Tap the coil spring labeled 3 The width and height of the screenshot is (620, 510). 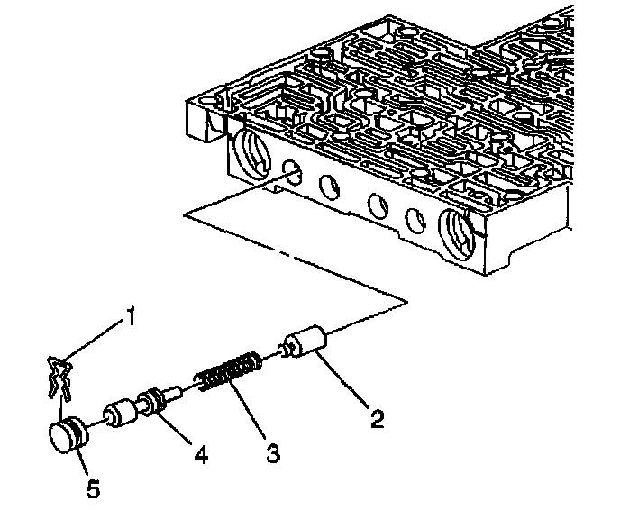tap(229, 372)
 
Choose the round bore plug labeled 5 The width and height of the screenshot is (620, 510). tap(66, 438)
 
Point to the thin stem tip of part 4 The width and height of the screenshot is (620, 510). tap(178, 389)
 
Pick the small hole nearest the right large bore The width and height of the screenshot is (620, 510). tap(415, 219)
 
